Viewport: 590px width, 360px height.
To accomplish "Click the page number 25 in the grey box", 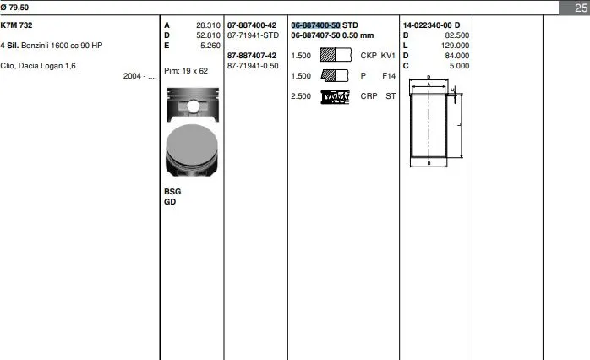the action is point(581,8).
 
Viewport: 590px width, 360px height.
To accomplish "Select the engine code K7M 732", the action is point(17,25).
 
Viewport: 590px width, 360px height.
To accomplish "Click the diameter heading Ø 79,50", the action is point(14,7).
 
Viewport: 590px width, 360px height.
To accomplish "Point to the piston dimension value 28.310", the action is point(208,25).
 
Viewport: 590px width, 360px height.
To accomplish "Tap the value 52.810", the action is point(208,35).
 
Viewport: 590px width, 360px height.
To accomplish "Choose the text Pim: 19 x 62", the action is point(186,71).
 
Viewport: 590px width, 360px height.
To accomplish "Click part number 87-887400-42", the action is point(252,25).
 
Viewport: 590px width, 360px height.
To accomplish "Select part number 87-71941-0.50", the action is point(253,66).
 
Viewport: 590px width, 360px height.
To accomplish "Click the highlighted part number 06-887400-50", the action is point(315,25).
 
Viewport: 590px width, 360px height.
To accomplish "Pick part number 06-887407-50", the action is point(315,35).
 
